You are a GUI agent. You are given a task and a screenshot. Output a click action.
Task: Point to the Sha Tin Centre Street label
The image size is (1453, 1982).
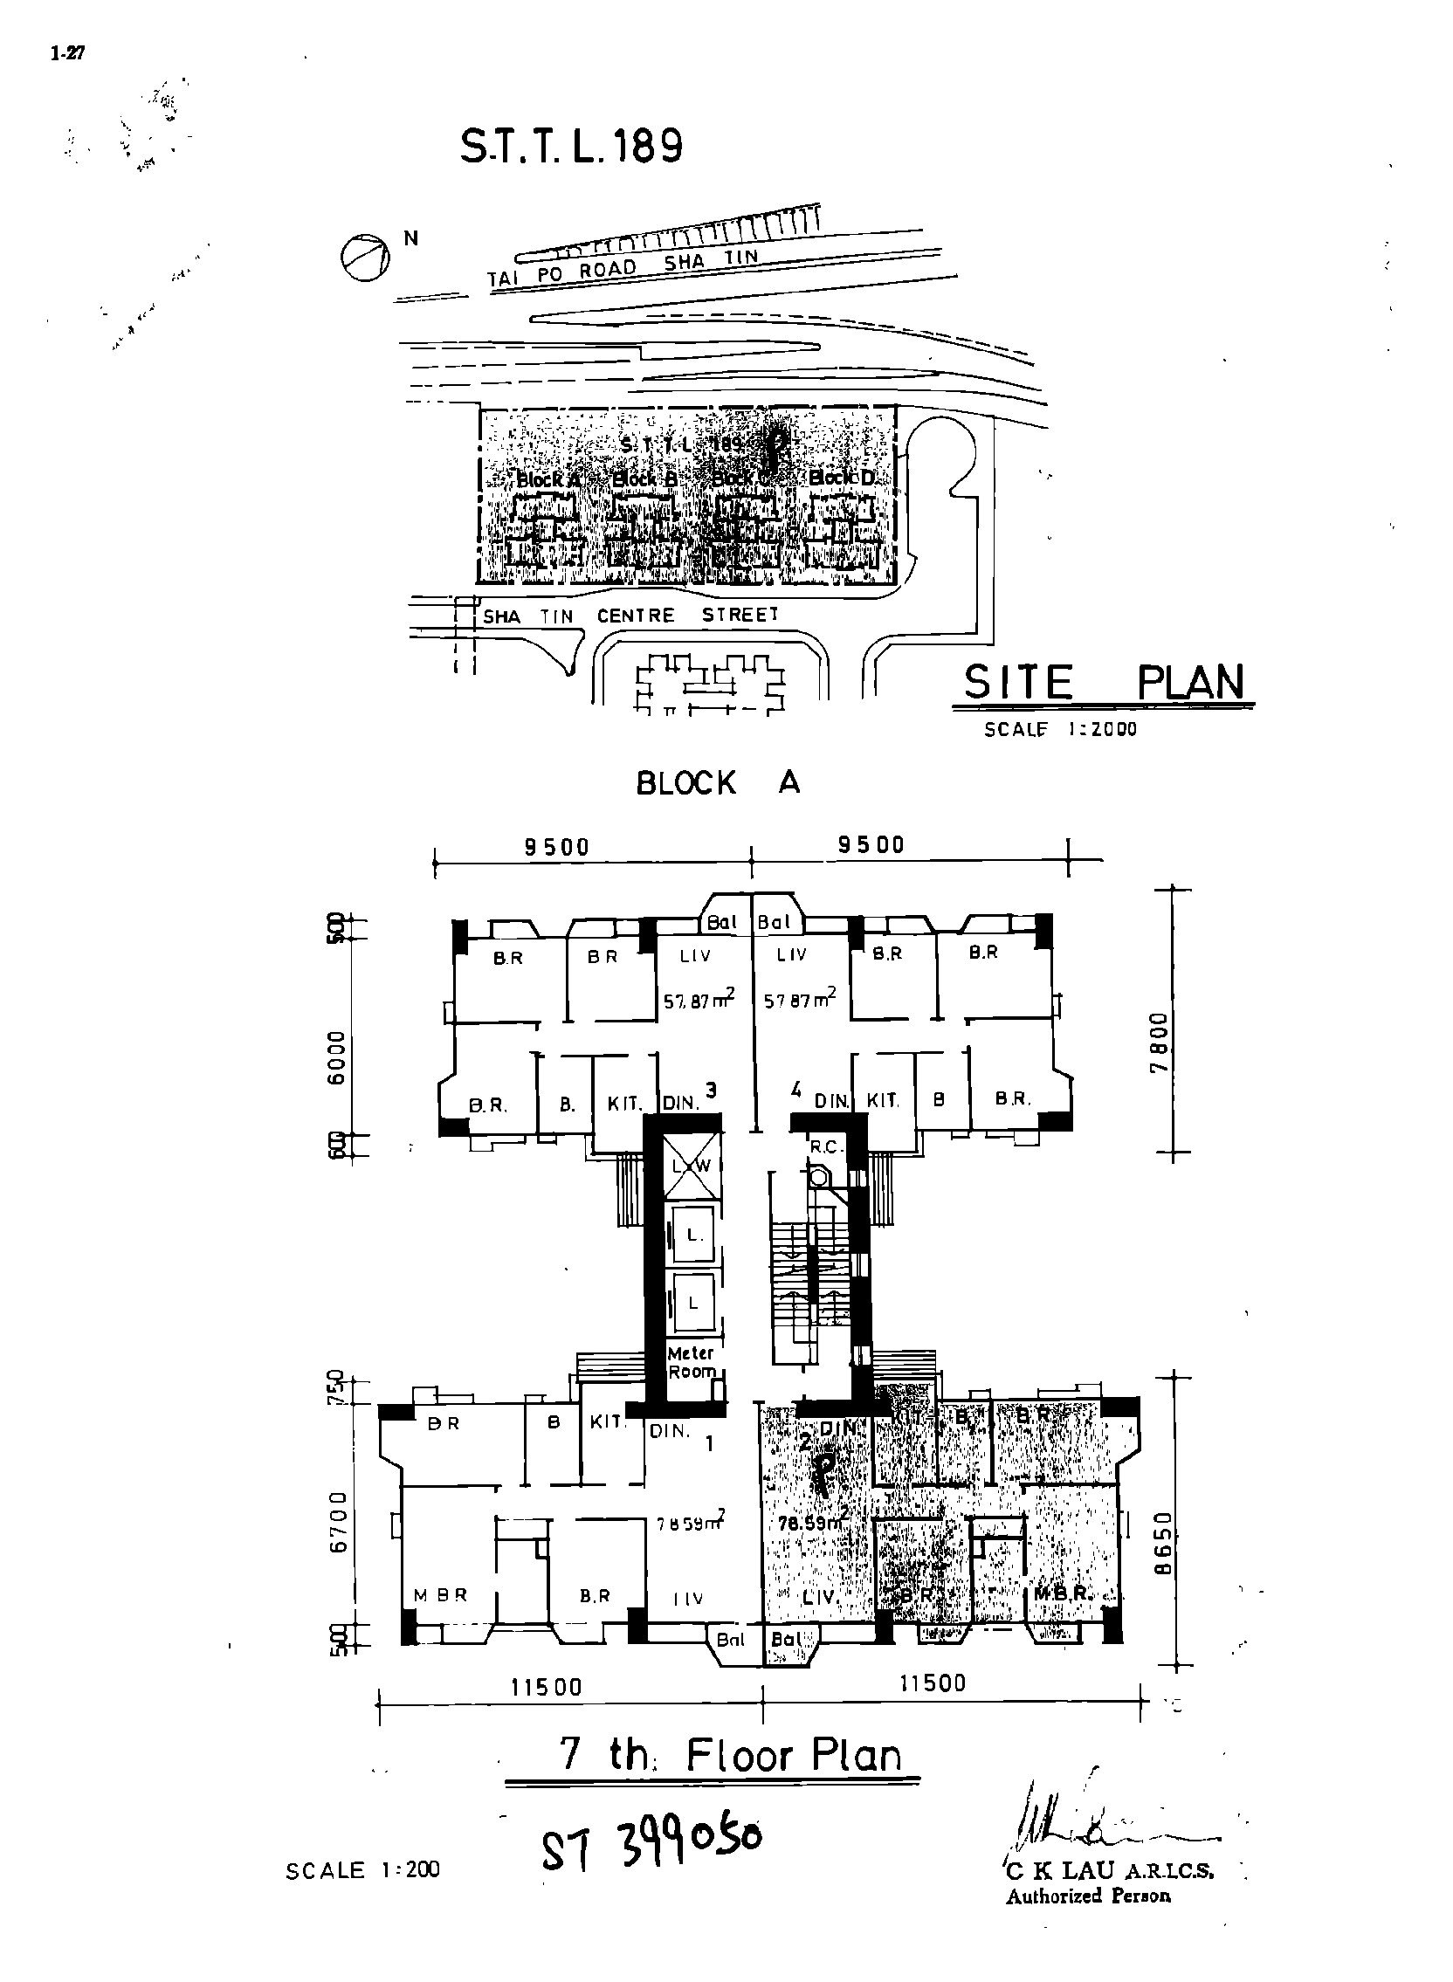coord(630,616)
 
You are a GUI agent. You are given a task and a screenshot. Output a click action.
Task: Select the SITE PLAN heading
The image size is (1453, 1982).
coord(1104,683)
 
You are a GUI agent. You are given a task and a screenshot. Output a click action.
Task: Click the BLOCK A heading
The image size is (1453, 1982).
coord(718,782)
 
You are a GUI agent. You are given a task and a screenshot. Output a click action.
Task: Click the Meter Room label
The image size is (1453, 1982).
coord(692,1362)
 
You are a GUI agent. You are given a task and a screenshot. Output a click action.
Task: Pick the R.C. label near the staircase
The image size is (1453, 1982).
coord(827,1146)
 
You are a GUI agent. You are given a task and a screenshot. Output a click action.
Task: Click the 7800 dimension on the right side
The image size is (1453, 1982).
coord(1160,1041)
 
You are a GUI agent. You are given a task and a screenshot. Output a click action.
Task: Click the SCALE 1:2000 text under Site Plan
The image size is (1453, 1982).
coord(1060,729)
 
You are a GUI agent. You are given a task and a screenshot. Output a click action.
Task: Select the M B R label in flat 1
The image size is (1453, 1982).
coord(441,1595)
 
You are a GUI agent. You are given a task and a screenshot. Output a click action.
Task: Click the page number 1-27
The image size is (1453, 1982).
coord(68,53)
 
